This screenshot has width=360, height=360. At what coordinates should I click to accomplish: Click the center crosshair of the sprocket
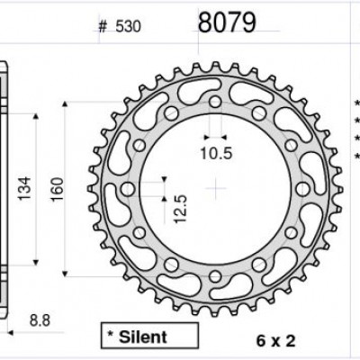click(x=216, y=188)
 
